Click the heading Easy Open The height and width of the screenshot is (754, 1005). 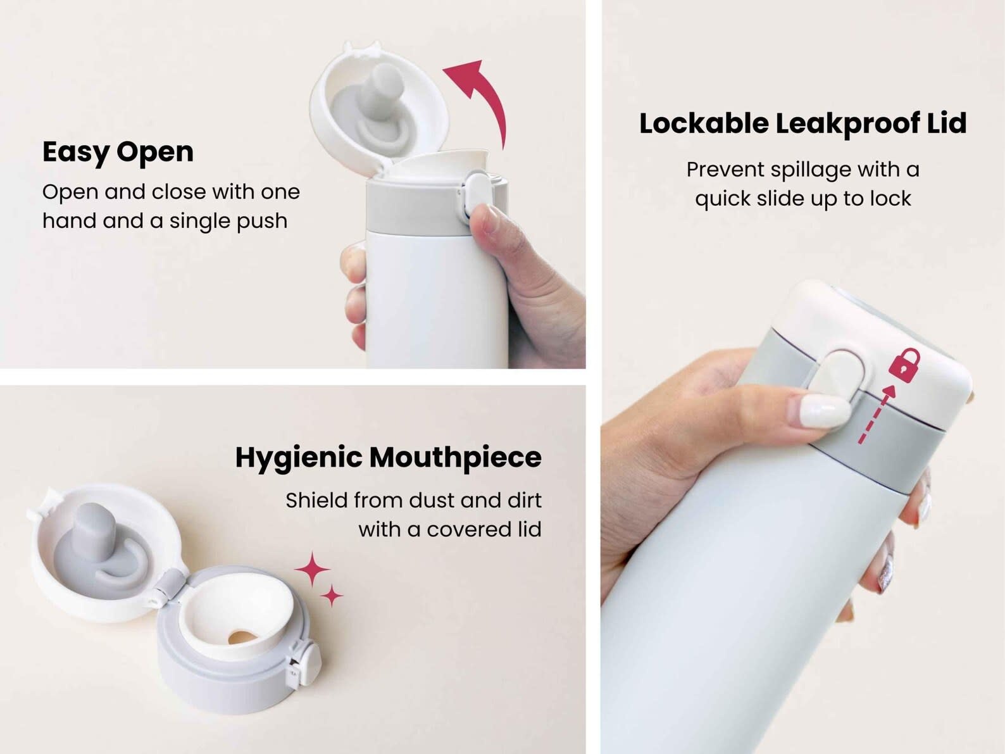pos(118,153)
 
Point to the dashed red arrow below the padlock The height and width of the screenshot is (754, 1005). pos(876,414)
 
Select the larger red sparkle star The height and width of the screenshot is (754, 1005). pos(312,569)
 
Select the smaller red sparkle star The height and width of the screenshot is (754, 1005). pos(332,596)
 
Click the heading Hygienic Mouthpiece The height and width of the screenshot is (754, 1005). pos(388,458)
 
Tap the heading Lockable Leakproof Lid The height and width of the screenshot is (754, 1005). pos(802,123)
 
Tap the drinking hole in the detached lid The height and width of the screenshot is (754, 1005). pos(242,636)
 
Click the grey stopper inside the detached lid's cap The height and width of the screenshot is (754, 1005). pos(99,550)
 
